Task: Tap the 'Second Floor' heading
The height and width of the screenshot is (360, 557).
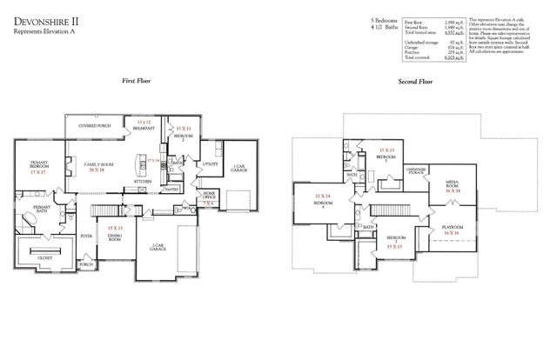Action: [415, 80]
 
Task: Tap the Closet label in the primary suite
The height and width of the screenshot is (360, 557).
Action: [44, 257]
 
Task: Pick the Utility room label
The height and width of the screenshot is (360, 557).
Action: [209, 163]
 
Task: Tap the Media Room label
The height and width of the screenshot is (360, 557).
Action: [453, 184]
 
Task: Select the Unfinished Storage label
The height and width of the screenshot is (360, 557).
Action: [416, 171]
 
